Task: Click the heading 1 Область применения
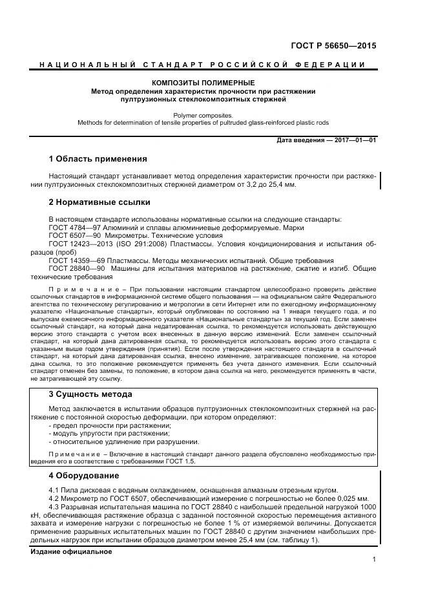[x=98, y=158]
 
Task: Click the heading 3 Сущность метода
[x=90, y=394]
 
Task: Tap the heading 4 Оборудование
[x=83, y=476]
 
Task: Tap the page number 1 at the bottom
[x=373, y=560]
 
